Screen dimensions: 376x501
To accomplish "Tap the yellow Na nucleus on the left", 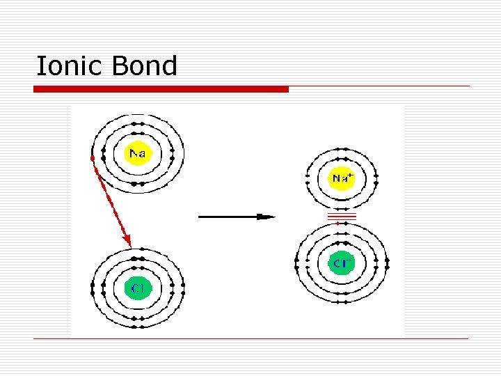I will click(x=138, y=153).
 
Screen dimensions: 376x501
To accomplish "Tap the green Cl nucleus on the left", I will click(x=137, y=287).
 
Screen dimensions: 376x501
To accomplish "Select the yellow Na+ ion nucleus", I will click(x=342, y=179).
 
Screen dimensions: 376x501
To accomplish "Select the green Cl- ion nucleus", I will click(x=342, y=264).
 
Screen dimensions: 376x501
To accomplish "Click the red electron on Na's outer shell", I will click(x=92, y=159).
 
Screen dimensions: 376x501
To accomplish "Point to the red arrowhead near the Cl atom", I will click(x=128, y=242).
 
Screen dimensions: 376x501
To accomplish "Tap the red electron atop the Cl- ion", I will click(x=337, y=224).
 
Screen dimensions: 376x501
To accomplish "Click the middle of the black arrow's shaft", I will click(x=230, y=217).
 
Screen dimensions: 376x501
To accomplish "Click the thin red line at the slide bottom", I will click(x=250, y=339).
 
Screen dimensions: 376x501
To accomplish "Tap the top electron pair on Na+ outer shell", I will click(x=342, y=150).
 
